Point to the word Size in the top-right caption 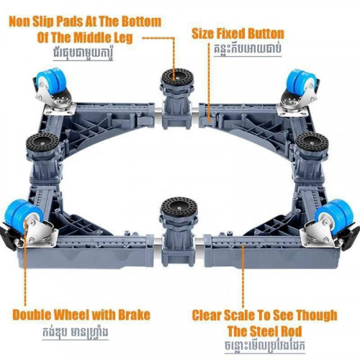click(204, 34)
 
